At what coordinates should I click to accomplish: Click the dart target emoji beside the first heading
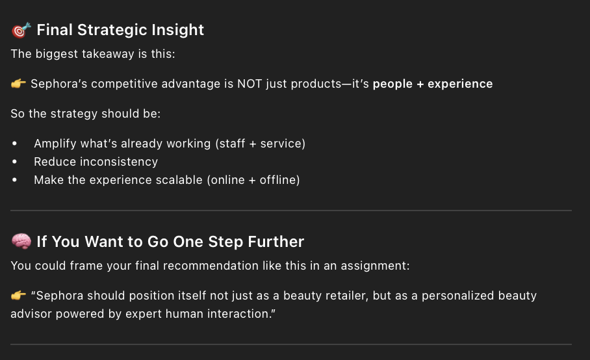21,30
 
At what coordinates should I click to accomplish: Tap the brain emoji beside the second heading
21,242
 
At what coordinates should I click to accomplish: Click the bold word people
392,84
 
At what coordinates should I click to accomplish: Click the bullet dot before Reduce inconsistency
15,162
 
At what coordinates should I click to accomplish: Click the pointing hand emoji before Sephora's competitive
18,84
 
